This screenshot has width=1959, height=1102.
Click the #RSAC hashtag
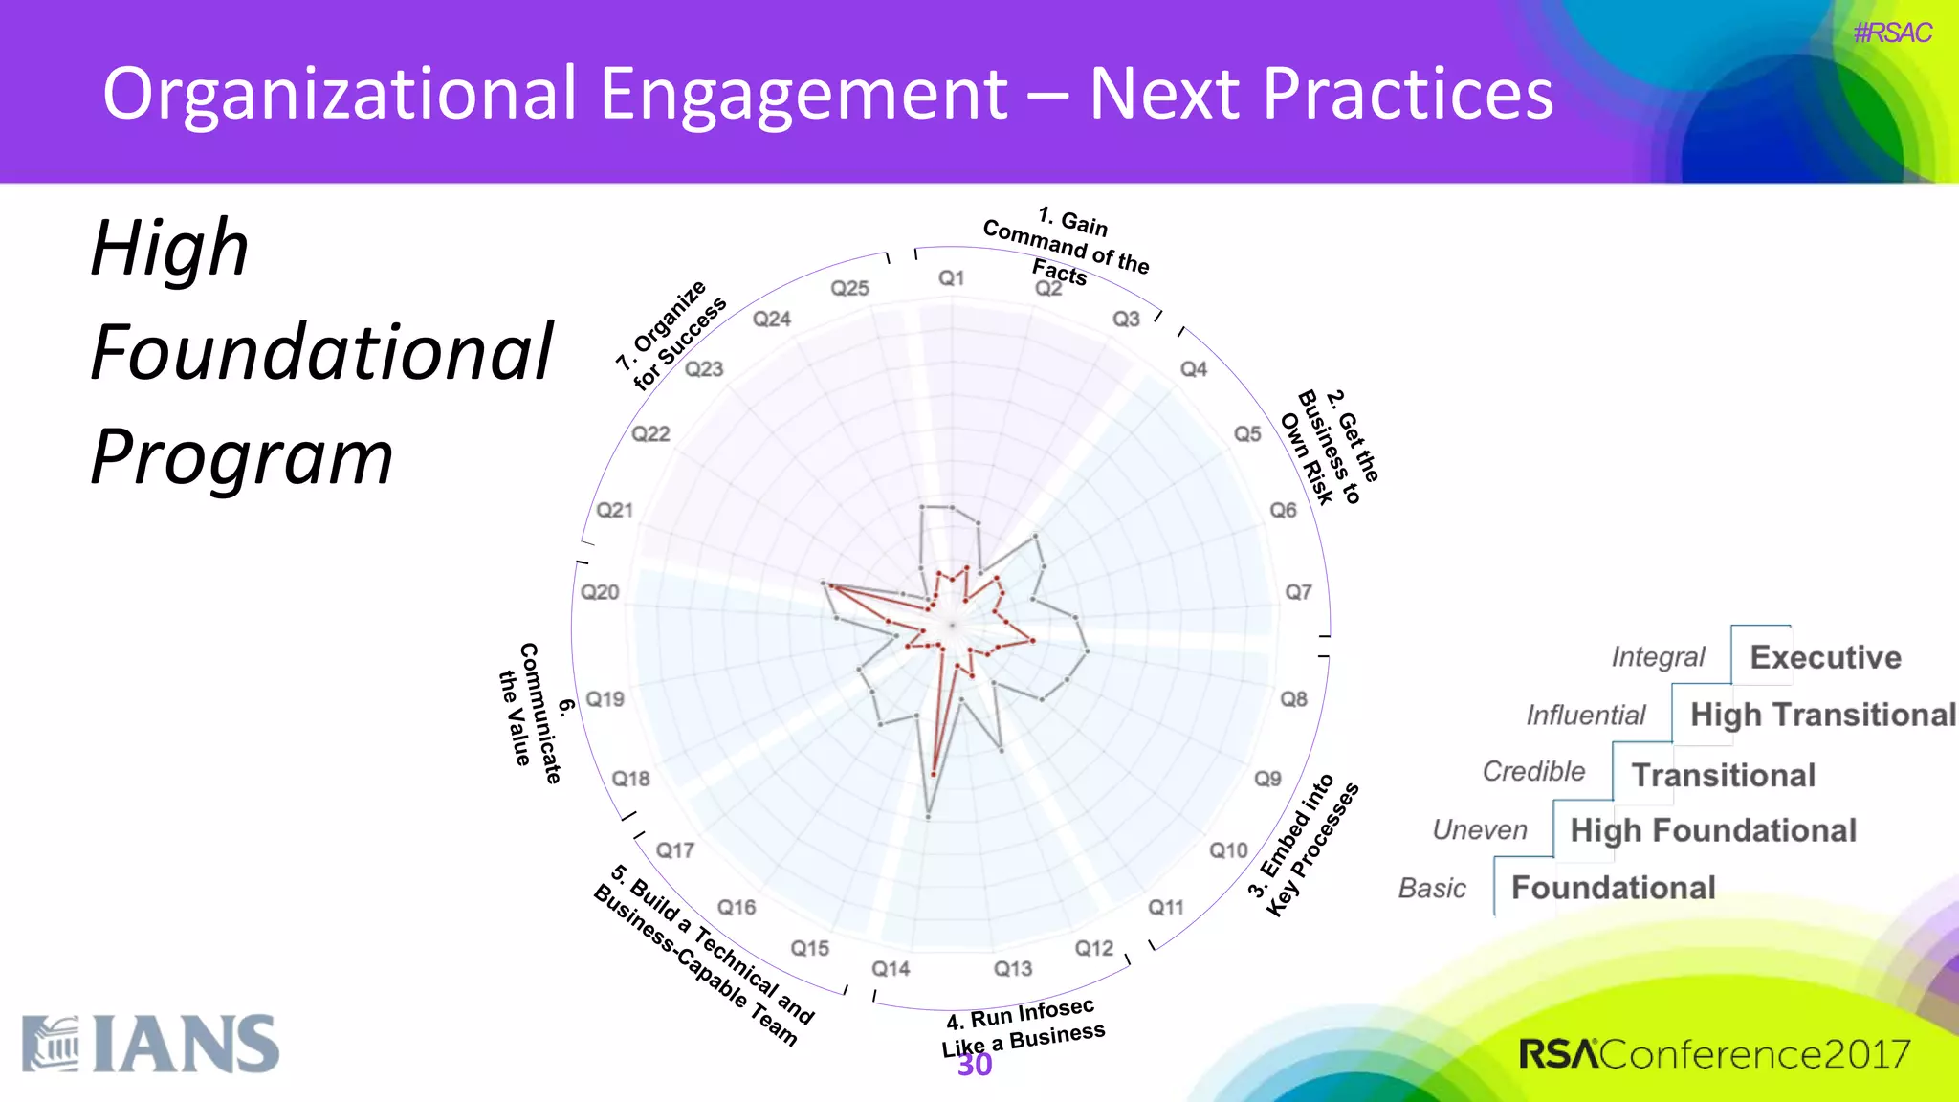(1891, 33)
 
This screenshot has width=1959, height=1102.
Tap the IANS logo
(151, 1045)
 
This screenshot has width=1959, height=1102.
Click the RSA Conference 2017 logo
(1713, 1054)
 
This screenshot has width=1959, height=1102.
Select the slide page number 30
(975, 1065)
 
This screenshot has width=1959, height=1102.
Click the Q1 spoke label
(951, 278)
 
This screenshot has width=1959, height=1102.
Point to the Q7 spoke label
(1298, 592)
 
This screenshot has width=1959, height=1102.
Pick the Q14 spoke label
(891, 969)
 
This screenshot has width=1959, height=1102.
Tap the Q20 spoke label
(600, 592)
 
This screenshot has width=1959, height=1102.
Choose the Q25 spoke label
(849, 288)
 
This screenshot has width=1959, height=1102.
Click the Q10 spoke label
(1228, 850)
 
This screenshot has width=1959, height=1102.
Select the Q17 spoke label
(674, 850)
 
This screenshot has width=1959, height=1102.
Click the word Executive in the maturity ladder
(1825, 657)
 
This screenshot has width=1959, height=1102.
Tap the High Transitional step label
(1822, 715)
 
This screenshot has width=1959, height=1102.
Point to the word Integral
(1658, 657)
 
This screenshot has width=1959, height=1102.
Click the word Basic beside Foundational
(1432, 889)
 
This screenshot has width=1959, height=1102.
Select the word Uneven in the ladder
(1479, 830)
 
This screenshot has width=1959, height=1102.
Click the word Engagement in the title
(803, 94)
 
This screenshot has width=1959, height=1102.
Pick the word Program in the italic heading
(242, 457)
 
